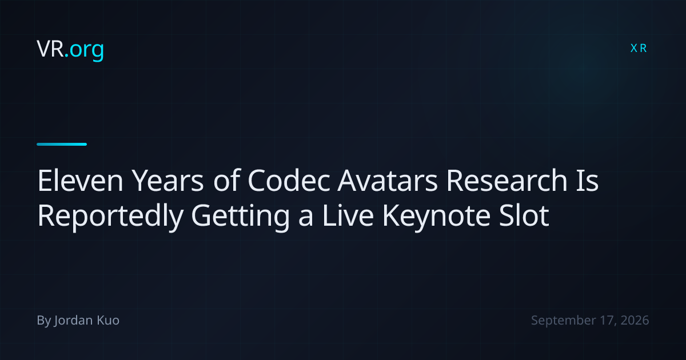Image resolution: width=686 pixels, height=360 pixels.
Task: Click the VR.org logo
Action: tap(70, 49)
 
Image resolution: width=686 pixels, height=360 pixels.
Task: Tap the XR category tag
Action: tap(639, 49)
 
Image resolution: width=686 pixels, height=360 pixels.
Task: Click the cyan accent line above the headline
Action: tap(62, 144)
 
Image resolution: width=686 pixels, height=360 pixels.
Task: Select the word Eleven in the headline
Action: tap(80, 181)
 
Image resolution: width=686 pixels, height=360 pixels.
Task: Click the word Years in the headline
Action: tap(167, 181)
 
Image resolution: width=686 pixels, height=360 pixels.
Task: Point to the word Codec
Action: tap(289, 181)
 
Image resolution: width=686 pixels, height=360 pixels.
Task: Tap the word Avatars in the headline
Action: tap(388, 181)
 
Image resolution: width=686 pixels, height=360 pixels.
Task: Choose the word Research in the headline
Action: tap(507, 181)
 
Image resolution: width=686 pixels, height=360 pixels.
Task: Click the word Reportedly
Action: tap(110, 217)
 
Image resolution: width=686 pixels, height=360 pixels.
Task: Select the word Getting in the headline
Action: tap(241, 217)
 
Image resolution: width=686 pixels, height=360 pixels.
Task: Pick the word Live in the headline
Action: tap(348, 215)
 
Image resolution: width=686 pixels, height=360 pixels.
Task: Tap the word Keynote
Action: tap(436, 217)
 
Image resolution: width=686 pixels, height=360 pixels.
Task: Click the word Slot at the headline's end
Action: tap(524, 215)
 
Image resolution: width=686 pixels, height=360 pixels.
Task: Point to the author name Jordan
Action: tap(74, 321)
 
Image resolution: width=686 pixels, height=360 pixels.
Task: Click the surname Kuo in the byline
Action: tap(108, 320)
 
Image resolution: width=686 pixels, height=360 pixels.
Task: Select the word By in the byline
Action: tap(44, 321)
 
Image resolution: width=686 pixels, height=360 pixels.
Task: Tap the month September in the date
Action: tap(564, 321)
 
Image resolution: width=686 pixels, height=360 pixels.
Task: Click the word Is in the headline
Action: tap(587, 181)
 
